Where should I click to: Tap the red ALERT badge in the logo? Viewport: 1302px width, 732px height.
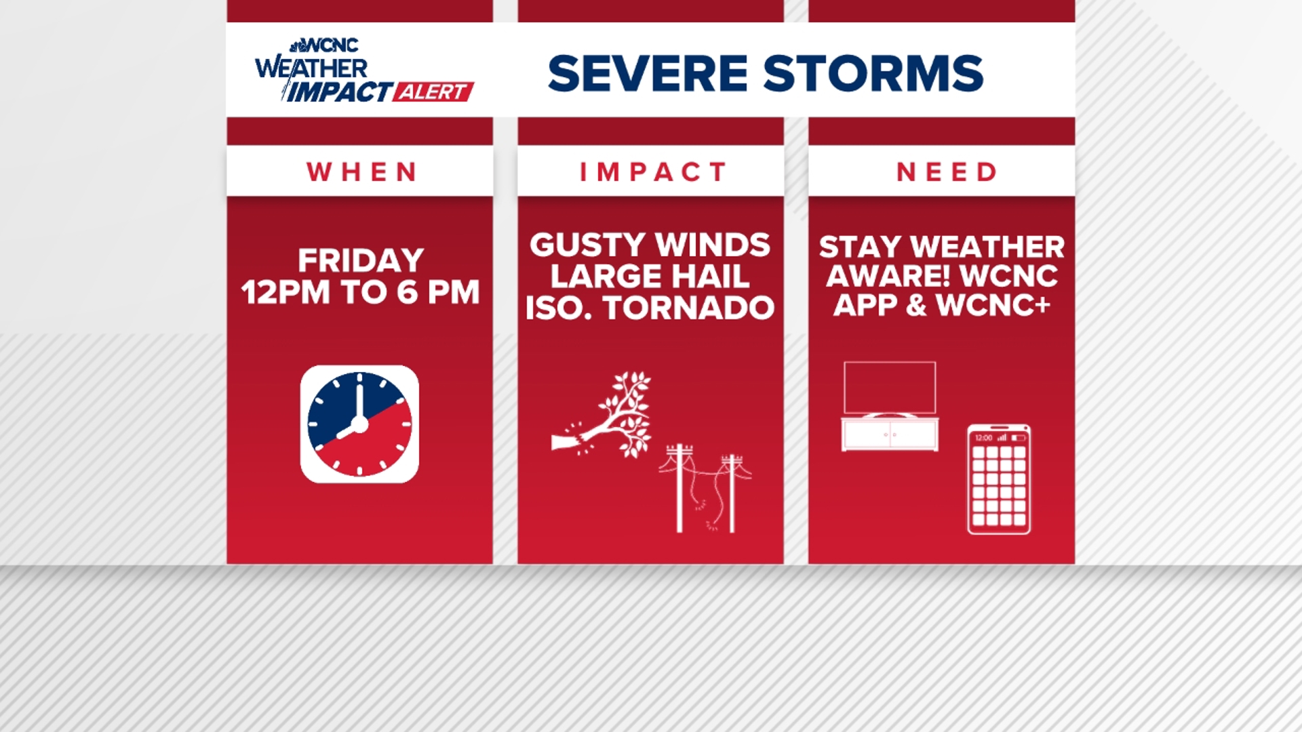pos(433,92)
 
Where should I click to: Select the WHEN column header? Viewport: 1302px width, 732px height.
pos(361,172)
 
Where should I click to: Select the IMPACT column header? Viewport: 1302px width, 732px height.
pos(652,172)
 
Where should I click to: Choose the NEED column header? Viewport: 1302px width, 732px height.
pos(947,172)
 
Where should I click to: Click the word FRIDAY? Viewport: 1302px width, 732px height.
pos(361,260)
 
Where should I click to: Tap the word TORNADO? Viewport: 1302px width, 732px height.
pos(689,308)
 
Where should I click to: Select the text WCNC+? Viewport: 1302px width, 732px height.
pos(993,306)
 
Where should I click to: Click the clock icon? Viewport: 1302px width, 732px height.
pos(359,424)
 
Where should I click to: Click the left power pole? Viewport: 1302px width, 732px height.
pos(679,488)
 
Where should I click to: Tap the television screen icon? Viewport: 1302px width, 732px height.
pos(890,388)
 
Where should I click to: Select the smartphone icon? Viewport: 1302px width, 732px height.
pos(999,480)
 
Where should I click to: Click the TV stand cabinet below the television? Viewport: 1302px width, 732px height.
pos(890,434)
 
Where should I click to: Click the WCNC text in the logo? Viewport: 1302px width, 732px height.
pos(330,45)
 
